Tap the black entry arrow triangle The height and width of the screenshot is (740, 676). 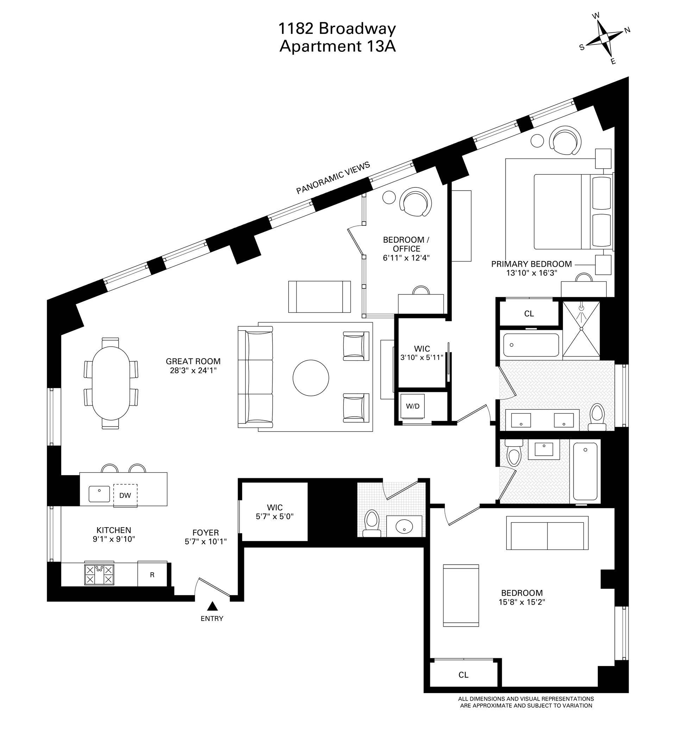212,606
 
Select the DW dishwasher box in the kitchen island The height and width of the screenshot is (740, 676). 125,496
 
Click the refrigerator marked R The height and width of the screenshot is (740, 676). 152,575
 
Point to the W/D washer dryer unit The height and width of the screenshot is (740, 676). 413,406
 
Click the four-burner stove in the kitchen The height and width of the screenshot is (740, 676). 99,574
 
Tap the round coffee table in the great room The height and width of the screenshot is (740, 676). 311,378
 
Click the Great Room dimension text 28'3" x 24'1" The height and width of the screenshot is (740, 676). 193,371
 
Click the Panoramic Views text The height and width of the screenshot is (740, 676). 333,178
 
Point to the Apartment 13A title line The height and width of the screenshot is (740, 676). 338,46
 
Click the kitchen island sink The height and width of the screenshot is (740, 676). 99,494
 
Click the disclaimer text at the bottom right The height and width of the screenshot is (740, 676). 526,702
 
